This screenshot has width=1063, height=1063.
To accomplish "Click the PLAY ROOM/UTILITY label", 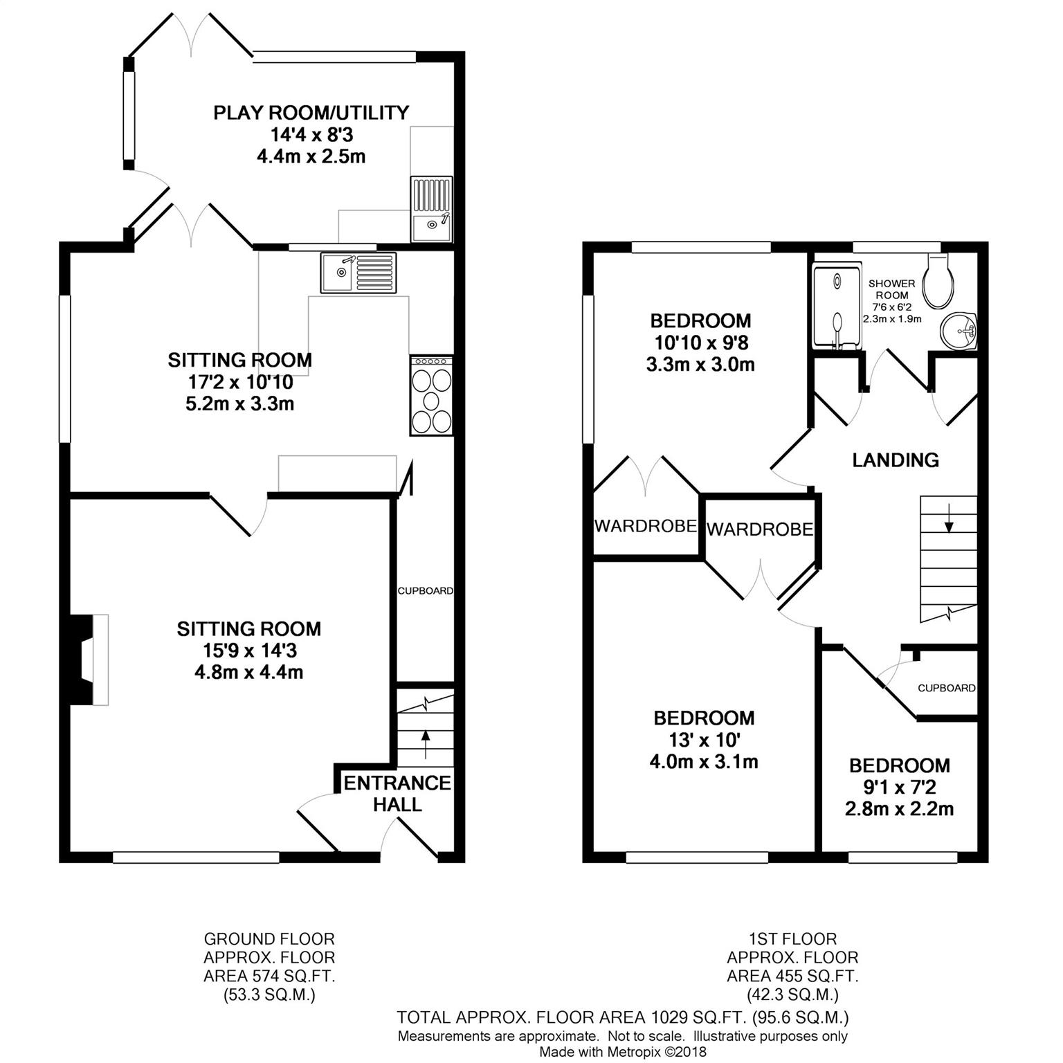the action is point(311,112).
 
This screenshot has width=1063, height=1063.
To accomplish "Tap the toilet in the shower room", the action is point(941,281).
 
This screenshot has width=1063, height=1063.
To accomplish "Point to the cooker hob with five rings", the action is point(432,395).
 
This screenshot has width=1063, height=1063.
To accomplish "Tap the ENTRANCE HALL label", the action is point(397,793).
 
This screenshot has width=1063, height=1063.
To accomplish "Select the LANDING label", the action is point(895,460).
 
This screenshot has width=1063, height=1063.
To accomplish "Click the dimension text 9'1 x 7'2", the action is point(899,787).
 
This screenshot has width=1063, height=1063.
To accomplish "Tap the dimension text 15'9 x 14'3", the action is point(248,651).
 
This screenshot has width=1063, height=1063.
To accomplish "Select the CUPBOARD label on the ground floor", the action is point(425,591).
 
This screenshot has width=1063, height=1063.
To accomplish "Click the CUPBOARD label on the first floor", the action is point(946,688).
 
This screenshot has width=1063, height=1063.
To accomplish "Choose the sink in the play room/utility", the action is point(431,209).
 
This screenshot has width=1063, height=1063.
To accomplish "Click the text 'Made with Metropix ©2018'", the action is point(623,1051).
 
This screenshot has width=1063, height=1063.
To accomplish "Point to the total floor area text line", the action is point(622,1017).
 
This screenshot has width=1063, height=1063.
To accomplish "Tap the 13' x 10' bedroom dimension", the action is point(703,740).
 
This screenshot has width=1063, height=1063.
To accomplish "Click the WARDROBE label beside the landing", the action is point(759,529).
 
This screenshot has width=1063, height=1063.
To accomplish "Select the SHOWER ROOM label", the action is point(891,289).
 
